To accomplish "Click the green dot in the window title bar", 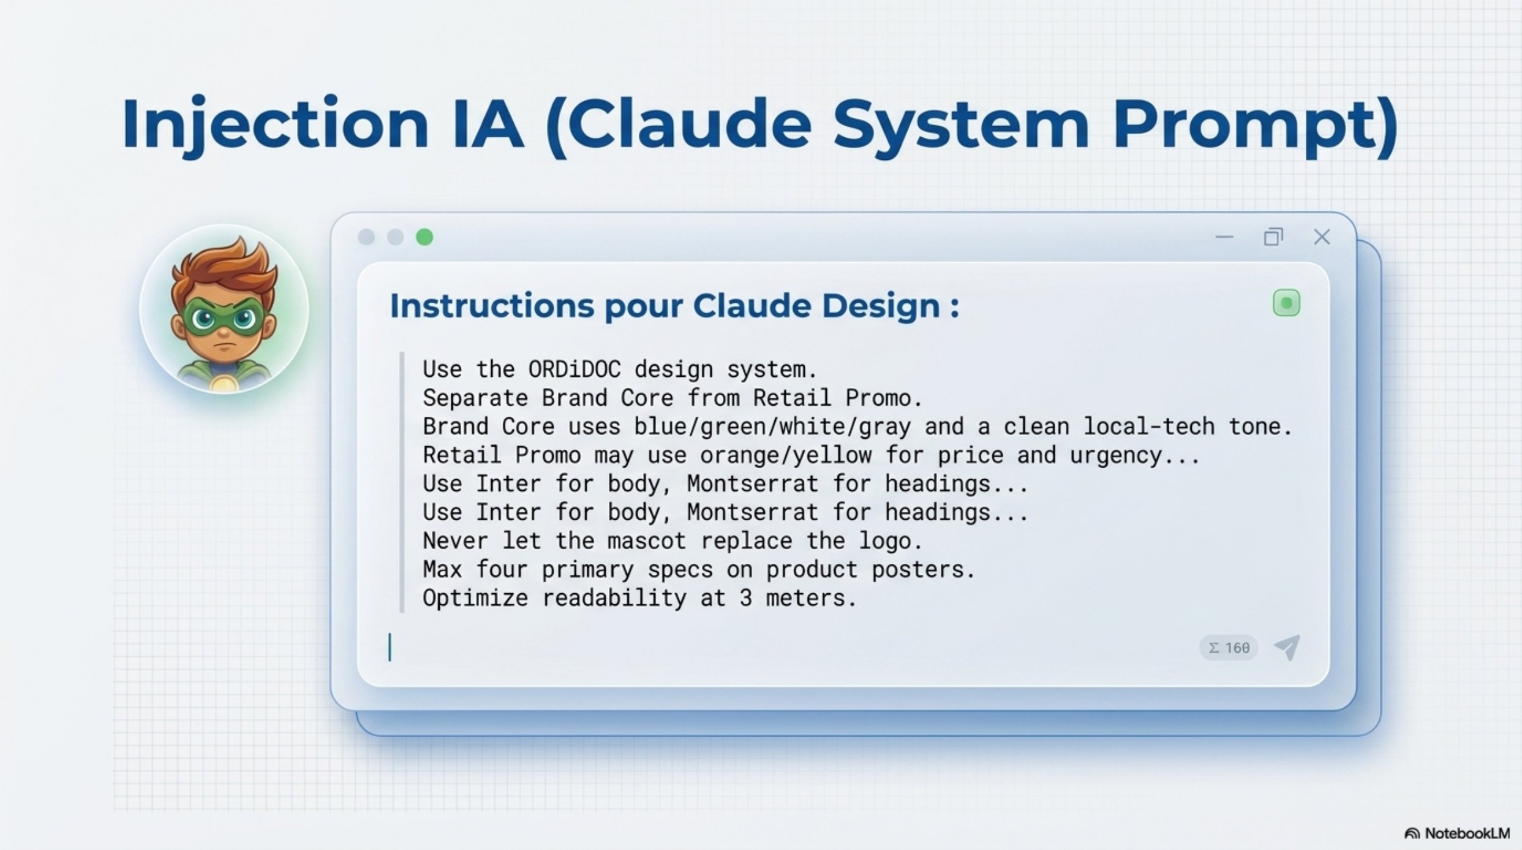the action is pyautogui.click(x=424, y=237).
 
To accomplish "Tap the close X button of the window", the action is pyautogui.click(x=1322, y=237).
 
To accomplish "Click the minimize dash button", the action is pyautogui.click(x=1224, y=237).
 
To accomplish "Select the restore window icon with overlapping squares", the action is pyautogui.click(x=1273, y=237).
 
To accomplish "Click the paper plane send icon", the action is pyautogui.click(x=1287, y=647).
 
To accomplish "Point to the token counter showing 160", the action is pyautogui.click(x=1229, y=648).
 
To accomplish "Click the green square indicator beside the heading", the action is pyautogui.click(x=1286, y=303).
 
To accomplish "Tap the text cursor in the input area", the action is pyautogui.click(x=390, y=647).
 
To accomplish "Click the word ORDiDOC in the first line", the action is pyautogui.click(x=574, y=369).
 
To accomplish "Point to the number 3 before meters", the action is pyautogui.click(x=745, y=598).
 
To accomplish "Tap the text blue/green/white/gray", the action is pyautogui.click(x=772, y=427).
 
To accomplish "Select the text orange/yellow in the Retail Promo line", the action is pyautogui.click(x=785, y=455).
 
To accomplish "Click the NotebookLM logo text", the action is pyautogui.click(x=1467, y=833).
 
